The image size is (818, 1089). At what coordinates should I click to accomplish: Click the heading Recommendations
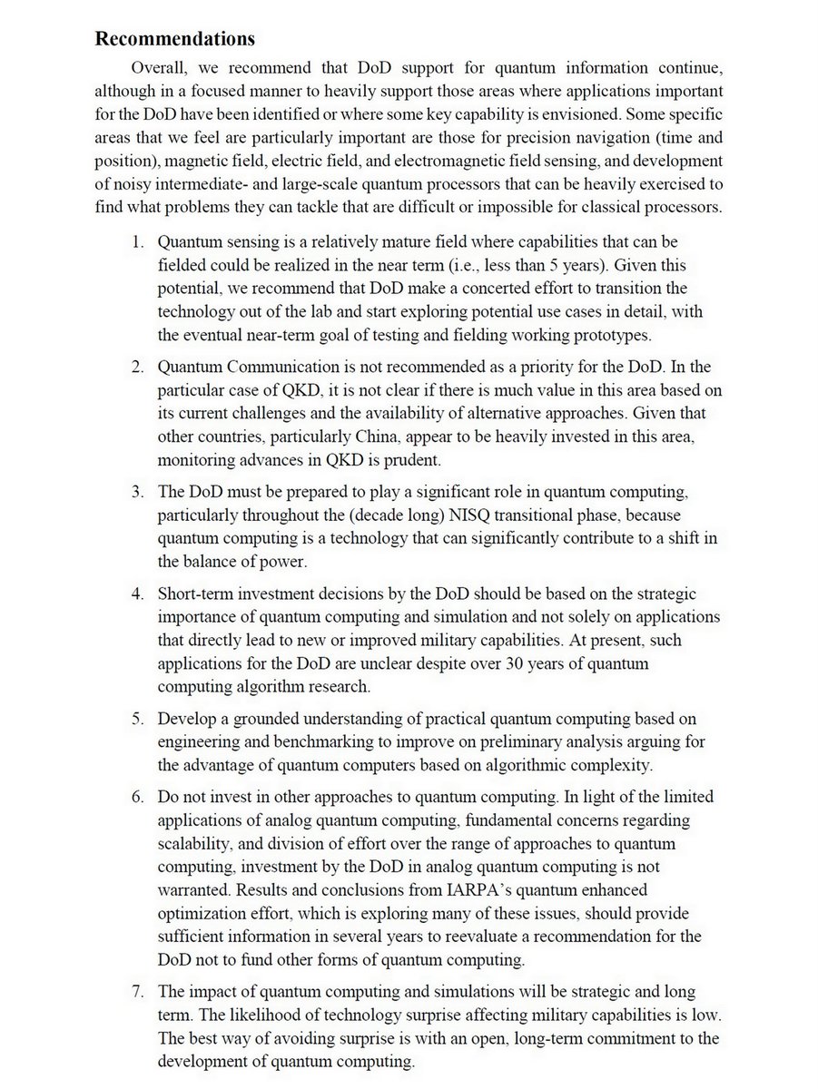[175, 39]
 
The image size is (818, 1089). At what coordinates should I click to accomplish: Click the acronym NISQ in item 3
[481, 518]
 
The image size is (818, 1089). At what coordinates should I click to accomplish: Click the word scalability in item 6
[195, 844]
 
